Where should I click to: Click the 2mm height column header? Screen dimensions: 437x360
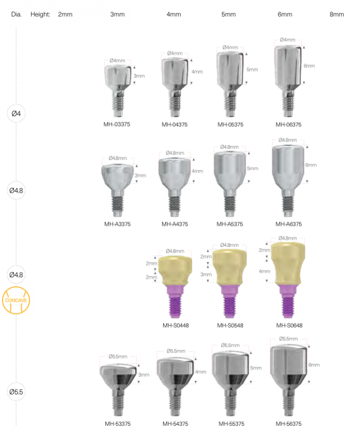[65, 14]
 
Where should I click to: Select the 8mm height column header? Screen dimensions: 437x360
[337, 14]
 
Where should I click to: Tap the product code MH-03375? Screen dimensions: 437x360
[118, 125]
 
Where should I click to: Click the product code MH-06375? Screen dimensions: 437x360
[289, 125]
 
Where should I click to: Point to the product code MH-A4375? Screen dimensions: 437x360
[175, 224]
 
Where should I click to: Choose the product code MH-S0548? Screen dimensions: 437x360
[230, 325]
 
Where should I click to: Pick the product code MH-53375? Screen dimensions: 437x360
[118, 424]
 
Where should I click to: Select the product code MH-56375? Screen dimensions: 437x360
[289, 424]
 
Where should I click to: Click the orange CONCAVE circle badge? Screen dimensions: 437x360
[15, 300]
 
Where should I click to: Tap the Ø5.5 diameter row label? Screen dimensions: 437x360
[15, 392]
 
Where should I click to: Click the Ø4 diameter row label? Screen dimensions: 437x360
[15, 113]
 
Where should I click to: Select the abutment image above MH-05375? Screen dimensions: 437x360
[230, 79]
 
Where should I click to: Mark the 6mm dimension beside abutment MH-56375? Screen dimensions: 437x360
[314, 365]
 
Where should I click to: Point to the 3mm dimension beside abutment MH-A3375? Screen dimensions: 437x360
[140, 175]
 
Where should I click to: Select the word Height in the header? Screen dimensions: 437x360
[40, 14]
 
